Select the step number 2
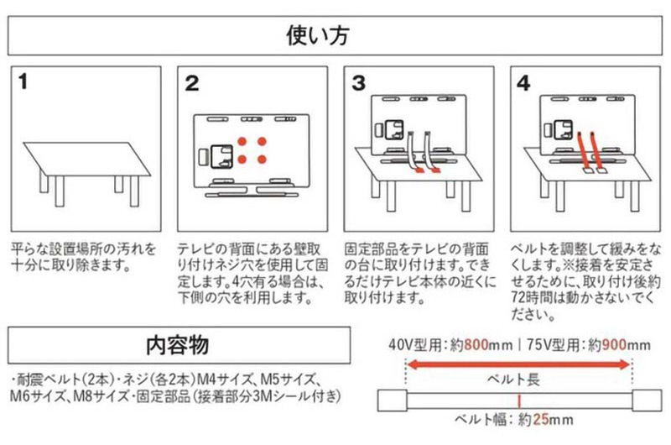pos(192,83)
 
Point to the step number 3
pos(359,83)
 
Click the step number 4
pos(523,83)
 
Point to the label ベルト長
pos(518,380)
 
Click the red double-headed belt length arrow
pos(518,364)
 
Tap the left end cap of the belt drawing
pos(392,399)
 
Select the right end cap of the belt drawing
pos(645,399)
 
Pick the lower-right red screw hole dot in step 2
pos(261,158)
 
